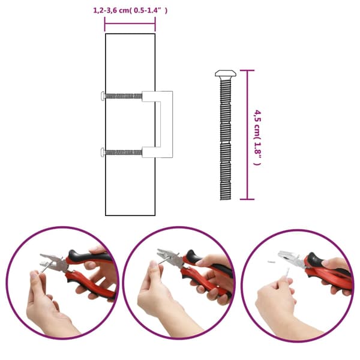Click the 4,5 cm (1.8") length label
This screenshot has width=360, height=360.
pos(257,138)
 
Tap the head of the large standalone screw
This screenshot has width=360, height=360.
pos(226,73)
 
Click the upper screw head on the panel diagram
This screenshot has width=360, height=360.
pos(103,95)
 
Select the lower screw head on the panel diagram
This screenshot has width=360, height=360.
pos(103,152)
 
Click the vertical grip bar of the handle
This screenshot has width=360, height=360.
pos(166,124)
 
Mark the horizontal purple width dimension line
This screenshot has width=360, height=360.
pos(130,23)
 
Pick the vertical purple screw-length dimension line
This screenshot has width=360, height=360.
pos(247,135)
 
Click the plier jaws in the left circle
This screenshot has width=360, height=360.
pos(52,262)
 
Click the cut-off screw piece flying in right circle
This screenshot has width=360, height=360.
pos(271,262)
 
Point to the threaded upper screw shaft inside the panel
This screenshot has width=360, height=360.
pos(124,96)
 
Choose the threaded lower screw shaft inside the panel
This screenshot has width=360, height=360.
pos(124,152)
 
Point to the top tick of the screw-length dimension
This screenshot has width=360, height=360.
pos(247,70)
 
